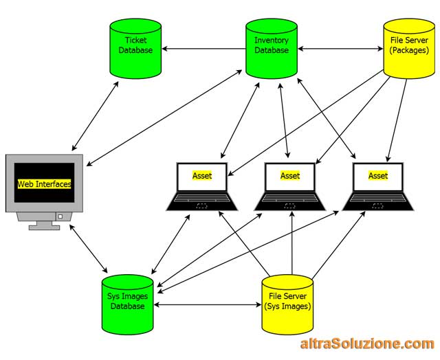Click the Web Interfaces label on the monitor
pos(44,184)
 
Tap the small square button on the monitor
pos(60,216)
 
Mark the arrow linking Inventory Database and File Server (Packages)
pos(341,49)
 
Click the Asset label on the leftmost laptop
pos(202,176)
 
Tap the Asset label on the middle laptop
pos(290,176)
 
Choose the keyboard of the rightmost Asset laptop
pos(378,201)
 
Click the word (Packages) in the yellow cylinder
pos(409,51)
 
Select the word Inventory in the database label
pos(272,41)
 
